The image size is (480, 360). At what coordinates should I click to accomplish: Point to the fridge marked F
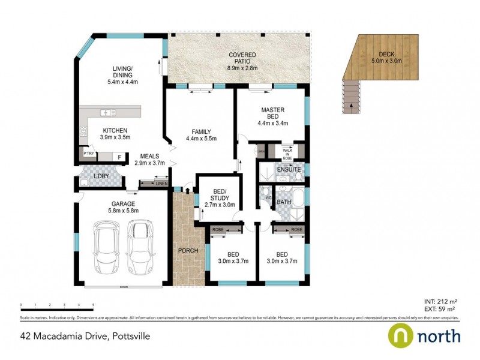(x=119, y=158)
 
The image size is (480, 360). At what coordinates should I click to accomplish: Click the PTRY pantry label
(x=89, y=154)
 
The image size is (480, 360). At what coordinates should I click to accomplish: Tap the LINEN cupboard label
(x=160, y=184)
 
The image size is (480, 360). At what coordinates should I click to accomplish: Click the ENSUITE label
(x=289, y=170)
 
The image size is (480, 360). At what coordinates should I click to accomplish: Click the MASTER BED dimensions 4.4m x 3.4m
(x=273, y=124)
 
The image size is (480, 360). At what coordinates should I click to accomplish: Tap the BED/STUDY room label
(x=218, y=197)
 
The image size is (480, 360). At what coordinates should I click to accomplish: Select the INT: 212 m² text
(x=441, y=301)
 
